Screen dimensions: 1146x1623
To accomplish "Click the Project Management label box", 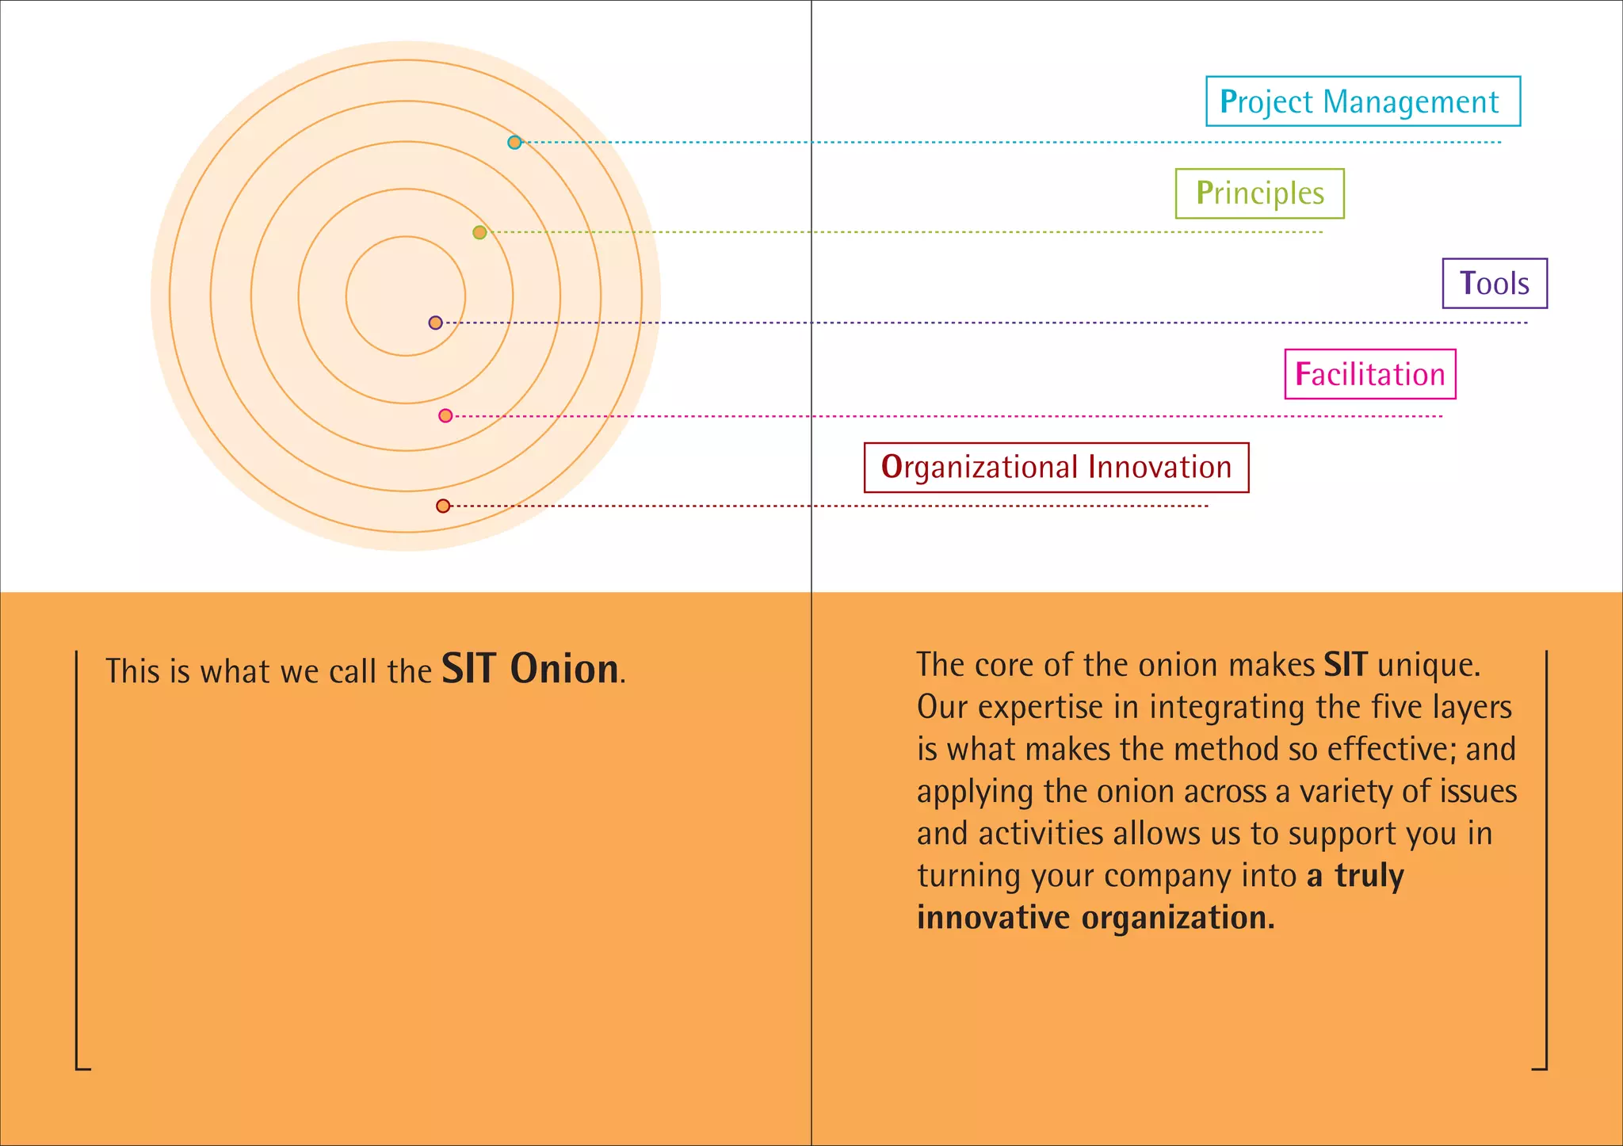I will pyautogui.click(x=1362, y=101).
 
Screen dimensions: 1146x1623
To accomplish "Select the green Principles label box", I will pyautogui.click(x=1259, y=193).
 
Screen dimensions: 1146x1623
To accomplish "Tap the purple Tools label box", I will pyautogui.click(x=1494, y=284).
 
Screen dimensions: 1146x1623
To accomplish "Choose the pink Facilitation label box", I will pyautogui.click(x=1369, y=374).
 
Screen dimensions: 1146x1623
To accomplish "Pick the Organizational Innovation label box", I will pyautogui.click(x=1056, y=468).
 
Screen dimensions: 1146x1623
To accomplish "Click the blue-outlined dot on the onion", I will pyautogui.click(x=514, y=143).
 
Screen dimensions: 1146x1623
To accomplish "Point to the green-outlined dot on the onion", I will pyautogui.click(x=479, y=232).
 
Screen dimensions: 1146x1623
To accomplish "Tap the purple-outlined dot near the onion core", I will pyautogui.click(x=435, y=323).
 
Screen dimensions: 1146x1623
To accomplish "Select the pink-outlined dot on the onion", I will pyautogui.click(x=445, y=415).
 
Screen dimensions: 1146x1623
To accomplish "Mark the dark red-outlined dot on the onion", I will pyautogui.click(x=443, y=506).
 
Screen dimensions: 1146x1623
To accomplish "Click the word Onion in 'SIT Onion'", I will pyautogui.click(x=564, y=669).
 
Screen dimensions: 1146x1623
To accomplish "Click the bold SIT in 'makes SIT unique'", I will pyautogui.click(x=1345, y=664).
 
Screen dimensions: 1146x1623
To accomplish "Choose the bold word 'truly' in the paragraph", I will pyautogui.click(x=1369, y=876).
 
